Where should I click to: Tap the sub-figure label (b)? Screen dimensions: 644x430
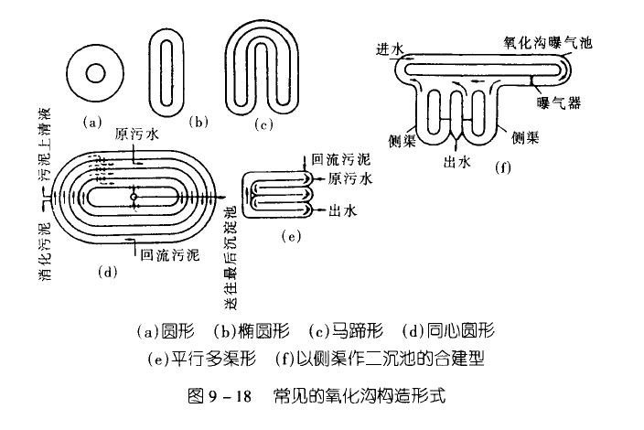tap(199, 122)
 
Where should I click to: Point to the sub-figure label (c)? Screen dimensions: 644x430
tap(263, 124)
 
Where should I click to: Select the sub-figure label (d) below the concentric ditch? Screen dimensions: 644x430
tap(107, 272)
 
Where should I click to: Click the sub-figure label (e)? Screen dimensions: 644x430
tap(291, 236)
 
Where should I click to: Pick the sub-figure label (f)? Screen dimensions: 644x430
tap(503, 167)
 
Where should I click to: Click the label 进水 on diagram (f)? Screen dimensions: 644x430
tap(390, 49)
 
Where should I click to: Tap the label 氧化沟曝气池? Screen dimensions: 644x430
tap(548, 42)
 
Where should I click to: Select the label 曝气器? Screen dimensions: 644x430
tap(559, 102)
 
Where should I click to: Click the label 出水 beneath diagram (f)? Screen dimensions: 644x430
tap(456, 162)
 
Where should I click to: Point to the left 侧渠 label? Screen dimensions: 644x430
tap(402, 141)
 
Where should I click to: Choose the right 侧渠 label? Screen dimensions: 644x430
tap(525, 137)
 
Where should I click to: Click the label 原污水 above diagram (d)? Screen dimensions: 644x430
tap(136, 134)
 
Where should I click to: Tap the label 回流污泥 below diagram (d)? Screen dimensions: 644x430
tap(169, 255)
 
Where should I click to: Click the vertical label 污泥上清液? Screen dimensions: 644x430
tap(44, 145)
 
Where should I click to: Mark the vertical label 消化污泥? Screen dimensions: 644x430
tap(44, 252)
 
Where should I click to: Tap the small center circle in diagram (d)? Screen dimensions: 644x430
tap(134, 197)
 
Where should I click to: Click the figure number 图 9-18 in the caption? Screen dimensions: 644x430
tap(220, 396)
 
